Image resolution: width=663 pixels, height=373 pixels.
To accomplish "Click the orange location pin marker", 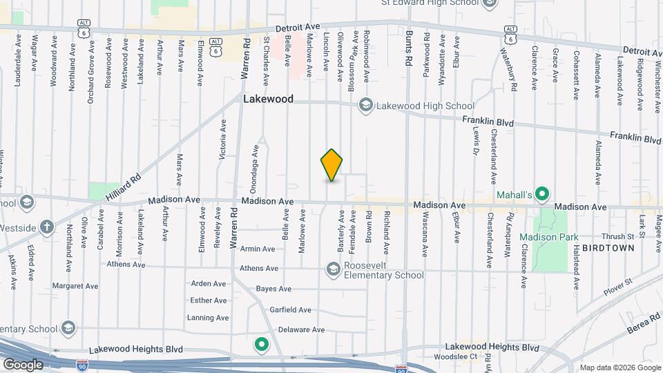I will (x=332, y=164).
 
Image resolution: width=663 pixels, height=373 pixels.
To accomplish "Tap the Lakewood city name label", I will (x=268, y=99).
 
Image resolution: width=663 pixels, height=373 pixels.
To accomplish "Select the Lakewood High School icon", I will (x=365, y=106).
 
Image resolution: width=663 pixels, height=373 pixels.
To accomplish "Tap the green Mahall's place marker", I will (x=543, y=195).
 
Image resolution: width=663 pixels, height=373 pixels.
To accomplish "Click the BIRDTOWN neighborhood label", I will (x=607, y=247).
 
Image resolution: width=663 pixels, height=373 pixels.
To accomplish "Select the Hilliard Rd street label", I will (x=124, y=186).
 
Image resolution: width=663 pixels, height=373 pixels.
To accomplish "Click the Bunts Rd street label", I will (x=409, y=48).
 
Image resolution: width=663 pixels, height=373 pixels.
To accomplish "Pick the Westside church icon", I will (x=46, y=227).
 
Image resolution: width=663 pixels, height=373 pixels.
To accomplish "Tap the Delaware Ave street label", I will (x=300, y=330).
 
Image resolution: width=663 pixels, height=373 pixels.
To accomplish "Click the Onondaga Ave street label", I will (x=254, y=166).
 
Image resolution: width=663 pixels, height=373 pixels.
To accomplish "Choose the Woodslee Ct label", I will (x=455, y=357).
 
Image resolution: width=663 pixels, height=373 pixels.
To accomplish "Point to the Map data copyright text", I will (x=619, y=367).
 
